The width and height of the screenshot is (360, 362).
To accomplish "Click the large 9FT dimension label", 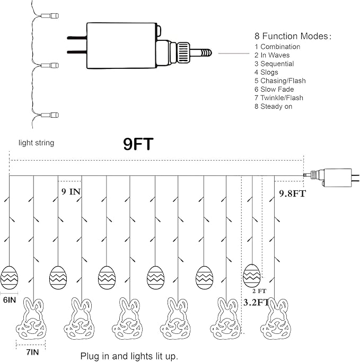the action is point(138,144).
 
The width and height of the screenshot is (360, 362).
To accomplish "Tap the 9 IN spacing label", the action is point(71,191).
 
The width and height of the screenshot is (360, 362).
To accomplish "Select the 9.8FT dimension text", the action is point(293,193).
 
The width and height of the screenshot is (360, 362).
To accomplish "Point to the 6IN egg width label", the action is point(10,300).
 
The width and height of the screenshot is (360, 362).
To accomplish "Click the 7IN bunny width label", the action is point(32,352).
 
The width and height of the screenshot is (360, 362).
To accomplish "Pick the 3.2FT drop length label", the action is point(256,302).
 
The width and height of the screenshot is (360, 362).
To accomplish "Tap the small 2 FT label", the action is point(259,291).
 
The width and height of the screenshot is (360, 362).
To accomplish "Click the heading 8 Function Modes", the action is point(293,36).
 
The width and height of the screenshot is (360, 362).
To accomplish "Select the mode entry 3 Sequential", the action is point(274,64).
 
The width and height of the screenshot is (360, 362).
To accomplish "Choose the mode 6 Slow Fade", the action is point(274,90).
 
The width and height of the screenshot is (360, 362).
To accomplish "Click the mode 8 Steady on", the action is point(274,107).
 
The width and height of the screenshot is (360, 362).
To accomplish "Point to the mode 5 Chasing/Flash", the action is point(280,81).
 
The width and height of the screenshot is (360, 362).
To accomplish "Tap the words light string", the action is point(36,143).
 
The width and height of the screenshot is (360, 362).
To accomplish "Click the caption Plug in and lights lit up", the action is point(129,356).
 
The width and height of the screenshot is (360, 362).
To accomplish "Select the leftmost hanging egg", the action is point(9,278).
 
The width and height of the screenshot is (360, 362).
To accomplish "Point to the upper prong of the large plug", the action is point(77,38).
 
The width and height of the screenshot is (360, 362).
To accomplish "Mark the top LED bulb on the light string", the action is point(50,16).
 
